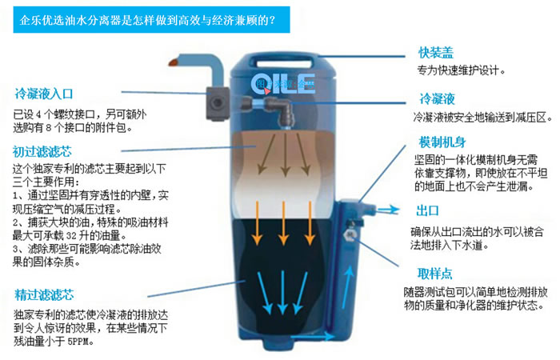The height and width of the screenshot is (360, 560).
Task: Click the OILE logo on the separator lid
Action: (x=285, y=81)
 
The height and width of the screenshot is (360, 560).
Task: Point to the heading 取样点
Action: (x=435, y=272)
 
